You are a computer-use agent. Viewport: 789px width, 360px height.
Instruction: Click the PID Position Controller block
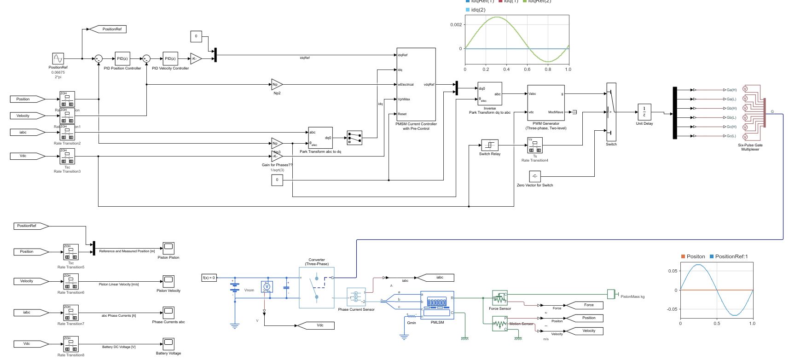point(122,58)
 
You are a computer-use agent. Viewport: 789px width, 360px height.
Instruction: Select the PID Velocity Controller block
point(170,58)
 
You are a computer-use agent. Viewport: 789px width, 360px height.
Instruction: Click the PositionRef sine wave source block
point(58,58)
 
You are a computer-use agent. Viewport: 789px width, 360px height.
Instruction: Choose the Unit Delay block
point(644,112)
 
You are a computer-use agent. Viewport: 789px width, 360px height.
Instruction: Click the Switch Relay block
point(489,145)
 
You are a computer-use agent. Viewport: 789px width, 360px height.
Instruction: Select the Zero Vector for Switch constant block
point(534,176)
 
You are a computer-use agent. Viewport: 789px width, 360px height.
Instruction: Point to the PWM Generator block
point(545,103)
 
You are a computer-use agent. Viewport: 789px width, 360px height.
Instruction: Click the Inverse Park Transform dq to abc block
point(489,94)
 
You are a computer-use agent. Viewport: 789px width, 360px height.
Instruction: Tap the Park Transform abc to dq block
point(320,138)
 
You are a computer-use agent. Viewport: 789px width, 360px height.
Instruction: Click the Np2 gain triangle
point(276,84)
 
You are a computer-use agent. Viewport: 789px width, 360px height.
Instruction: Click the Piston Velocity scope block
point(168,281)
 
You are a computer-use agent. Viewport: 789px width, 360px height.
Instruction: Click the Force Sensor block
point(499,298)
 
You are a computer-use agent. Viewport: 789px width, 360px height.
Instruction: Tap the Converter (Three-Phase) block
point(317,288)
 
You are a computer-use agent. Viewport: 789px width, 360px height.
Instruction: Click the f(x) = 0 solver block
point(209,278)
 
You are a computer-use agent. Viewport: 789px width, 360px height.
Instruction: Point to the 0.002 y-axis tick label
point(456,25)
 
